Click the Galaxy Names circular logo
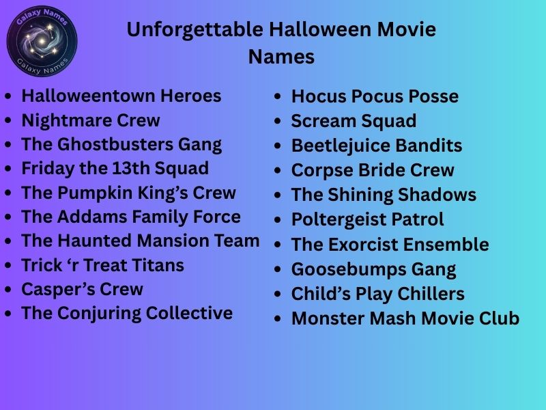coord(42,42)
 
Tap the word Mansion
coord(172,241)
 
